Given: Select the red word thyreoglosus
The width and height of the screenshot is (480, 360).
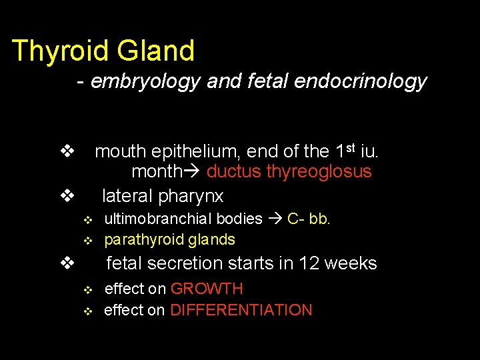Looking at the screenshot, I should tap(319, 172).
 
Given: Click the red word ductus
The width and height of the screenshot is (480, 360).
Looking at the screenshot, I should tap(234, 172).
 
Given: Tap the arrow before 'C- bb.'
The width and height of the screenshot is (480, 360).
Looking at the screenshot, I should tap(275, 219).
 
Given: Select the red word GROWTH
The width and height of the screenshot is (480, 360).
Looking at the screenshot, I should tap(207, 289).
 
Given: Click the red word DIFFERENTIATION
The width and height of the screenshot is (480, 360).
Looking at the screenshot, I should tap(241, 310).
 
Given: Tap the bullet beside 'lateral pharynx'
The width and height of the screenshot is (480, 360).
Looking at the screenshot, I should tap(66, 196).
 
